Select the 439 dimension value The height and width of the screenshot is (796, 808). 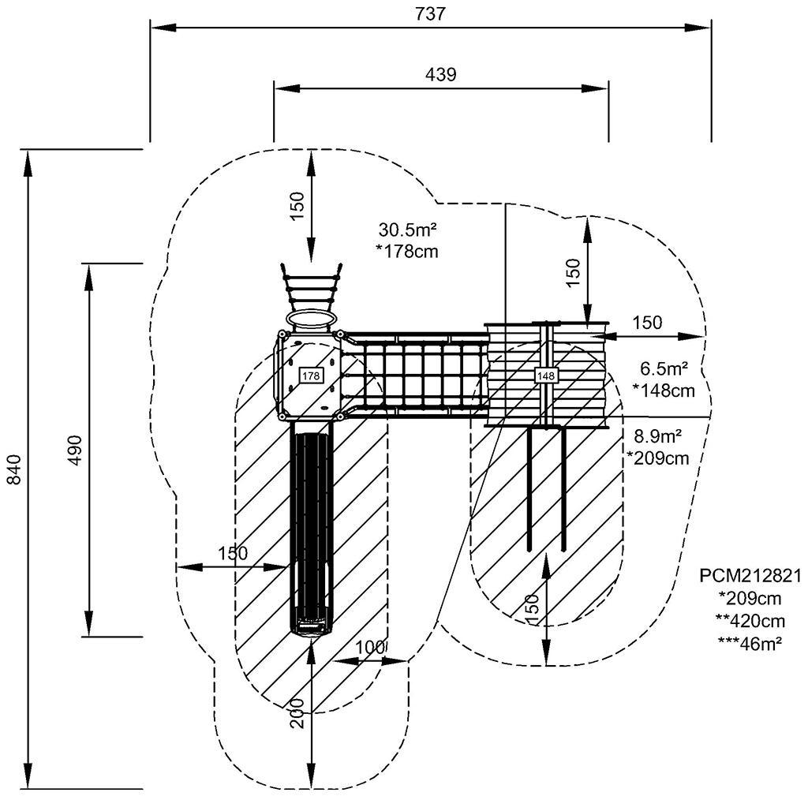pyautogui.click(x=440, y=75)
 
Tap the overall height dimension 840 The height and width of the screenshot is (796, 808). pyautogui.click(x=14, y=469)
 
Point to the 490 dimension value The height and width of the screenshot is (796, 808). pyautogui.click(x=75, y=450)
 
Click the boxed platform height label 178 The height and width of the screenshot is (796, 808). pyautogui.click(x=311, y=376)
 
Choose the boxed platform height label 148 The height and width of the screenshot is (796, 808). pyautogui.click(x=546, y=376)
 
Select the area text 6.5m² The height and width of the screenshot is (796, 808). pyautogui.click(x=664, y=369)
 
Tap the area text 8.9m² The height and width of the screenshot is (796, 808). pyautogui.click(x=658, y=436)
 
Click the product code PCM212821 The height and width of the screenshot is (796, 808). pyautogui.click(x=750, y=575)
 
